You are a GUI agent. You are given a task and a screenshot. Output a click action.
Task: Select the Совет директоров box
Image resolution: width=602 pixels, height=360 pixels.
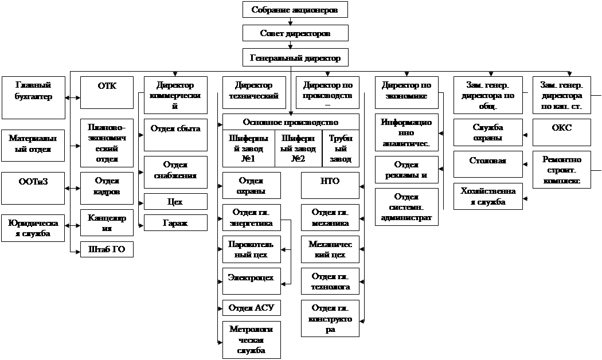tap(295, 33)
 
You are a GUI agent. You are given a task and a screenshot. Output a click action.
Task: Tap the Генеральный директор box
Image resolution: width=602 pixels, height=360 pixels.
tap(295, 57)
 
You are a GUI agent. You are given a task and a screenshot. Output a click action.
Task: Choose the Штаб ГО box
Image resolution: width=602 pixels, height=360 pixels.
tap(107, 249)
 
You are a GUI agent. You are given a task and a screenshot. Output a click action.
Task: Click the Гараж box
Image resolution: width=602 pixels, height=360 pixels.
tap(175, 222)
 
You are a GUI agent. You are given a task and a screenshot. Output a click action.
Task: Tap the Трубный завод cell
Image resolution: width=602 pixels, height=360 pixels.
tap(341, 149)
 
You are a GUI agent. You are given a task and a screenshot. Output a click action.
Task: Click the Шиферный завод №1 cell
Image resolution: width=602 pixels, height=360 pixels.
tap(248, 149)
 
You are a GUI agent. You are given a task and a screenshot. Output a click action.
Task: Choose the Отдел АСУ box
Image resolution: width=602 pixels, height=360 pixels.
tap(251, 308)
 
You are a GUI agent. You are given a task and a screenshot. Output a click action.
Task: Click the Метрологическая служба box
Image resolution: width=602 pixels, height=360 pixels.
tap(251, 339)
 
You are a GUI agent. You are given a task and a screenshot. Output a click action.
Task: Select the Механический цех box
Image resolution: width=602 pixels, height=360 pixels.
tap(330, 249)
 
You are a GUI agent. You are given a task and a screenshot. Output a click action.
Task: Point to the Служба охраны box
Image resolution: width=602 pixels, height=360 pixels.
tap(488, 132)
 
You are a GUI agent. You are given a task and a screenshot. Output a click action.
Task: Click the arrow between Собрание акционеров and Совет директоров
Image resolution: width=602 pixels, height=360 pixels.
tap(291, 21)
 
